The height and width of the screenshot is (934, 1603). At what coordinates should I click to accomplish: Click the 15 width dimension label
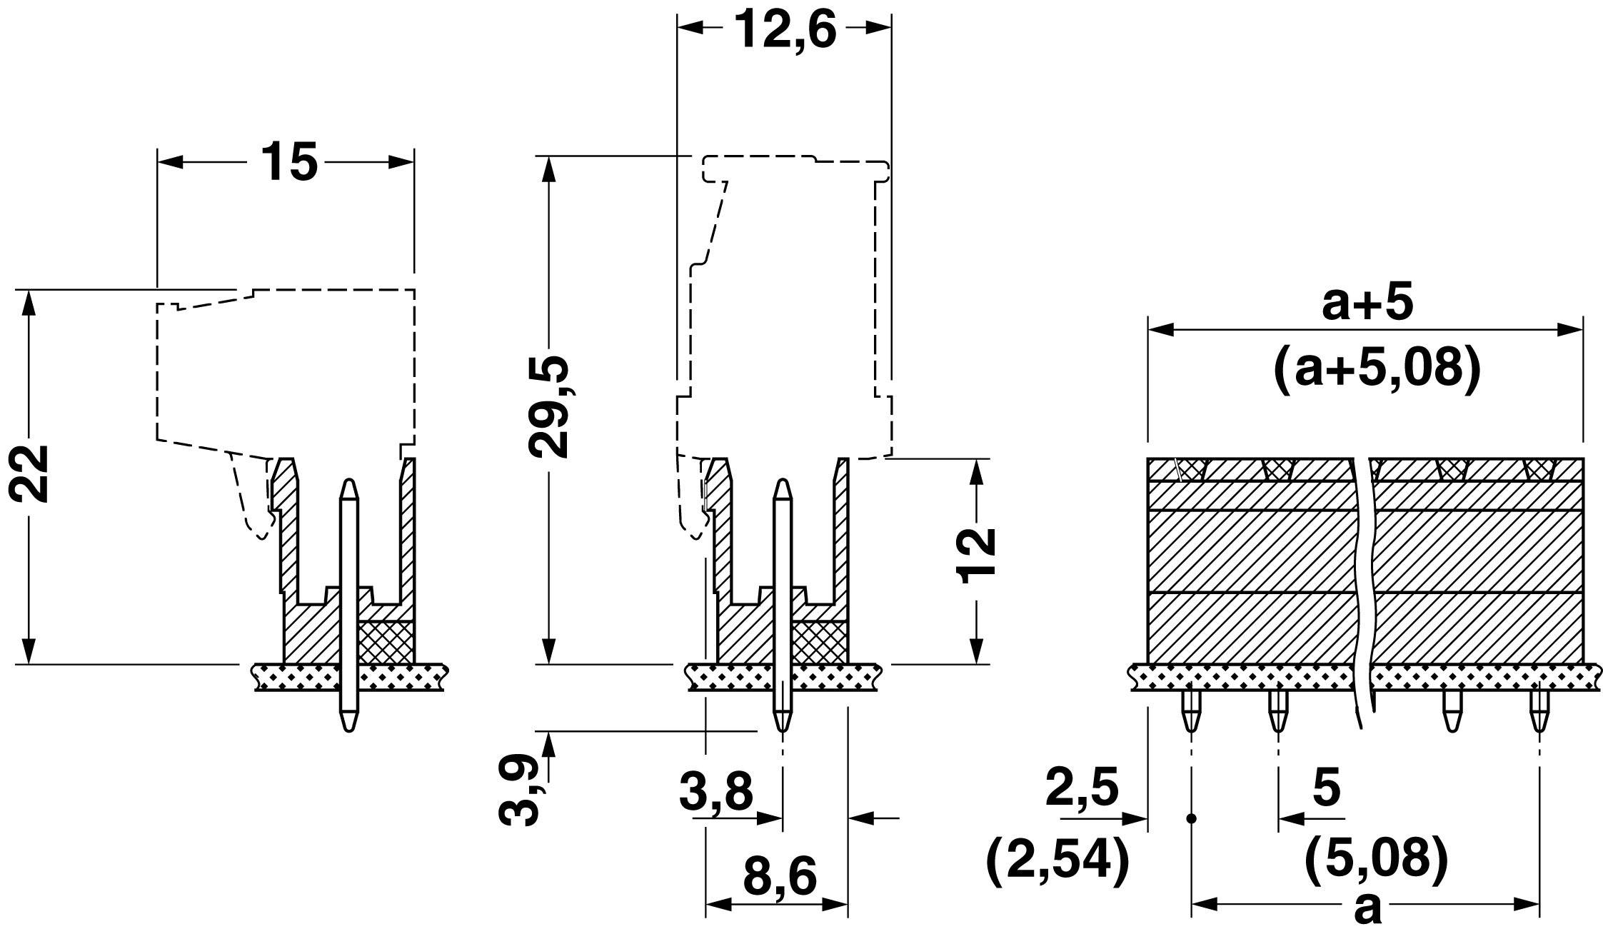288,161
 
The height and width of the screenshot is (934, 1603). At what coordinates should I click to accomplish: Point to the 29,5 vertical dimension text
549,406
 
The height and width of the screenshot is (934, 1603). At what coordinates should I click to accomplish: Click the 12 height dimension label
977,557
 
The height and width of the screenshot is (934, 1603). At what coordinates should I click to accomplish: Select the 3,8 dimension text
716,792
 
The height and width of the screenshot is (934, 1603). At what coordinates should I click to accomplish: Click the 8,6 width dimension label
780,877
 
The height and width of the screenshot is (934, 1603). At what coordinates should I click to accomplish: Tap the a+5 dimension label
1367,303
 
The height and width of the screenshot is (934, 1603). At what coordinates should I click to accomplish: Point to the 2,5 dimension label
1081,788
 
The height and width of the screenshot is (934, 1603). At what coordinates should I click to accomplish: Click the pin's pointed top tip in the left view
348,488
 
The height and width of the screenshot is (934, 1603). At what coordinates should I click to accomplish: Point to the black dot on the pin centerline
1190,818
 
